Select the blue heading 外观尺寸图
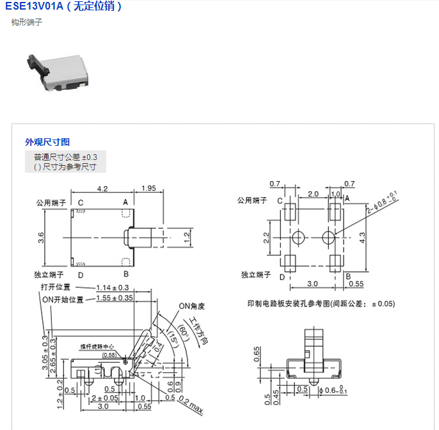click(47, 142)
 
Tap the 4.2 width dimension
click(102, 189)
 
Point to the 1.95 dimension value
click(148, 189)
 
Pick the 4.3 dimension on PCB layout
click(362, 237)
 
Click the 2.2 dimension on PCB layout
click(266, 238)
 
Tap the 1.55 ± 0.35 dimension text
click(115, 298)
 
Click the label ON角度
click(191, 306)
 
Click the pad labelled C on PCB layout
click(290, 211)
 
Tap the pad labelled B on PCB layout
click(336, 263)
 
